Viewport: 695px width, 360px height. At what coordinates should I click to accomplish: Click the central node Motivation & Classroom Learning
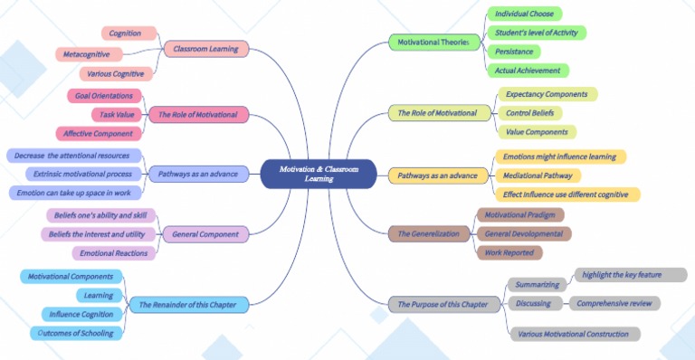click(319, 174)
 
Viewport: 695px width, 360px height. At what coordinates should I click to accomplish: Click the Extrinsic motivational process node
click(83, 174)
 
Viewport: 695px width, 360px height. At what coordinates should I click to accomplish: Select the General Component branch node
click(205, 234)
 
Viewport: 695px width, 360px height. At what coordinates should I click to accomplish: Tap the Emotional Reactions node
click(113, 253)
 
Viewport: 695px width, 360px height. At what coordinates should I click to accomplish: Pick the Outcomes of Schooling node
click(81, 333)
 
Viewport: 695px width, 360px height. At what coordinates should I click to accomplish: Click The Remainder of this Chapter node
click(187, 305)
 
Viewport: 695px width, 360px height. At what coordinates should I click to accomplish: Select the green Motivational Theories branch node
click(433, 42)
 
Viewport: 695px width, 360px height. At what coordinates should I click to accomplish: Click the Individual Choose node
click(524, 14)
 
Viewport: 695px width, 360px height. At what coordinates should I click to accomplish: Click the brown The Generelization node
click(429, 234)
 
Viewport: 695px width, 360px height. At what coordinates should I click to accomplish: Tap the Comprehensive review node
click(614, 303)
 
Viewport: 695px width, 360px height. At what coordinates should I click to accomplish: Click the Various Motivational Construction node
click(575, 334)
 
